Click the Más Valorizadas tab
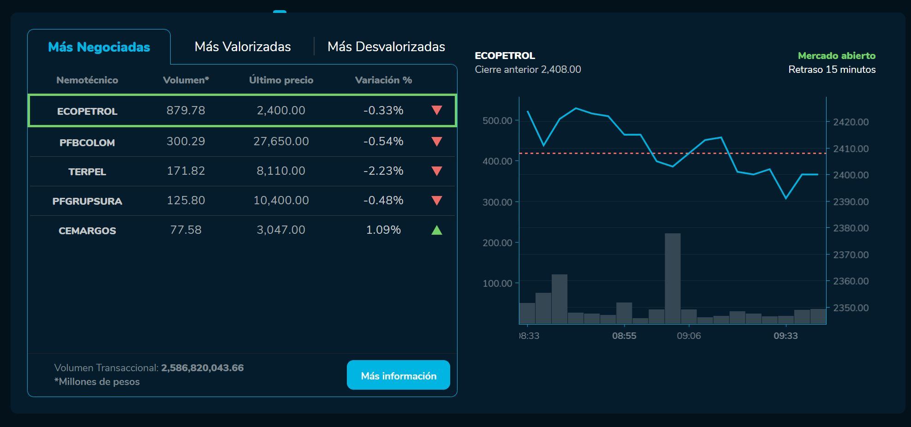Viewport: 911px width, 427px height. pyautogui.click(x=243, y=47)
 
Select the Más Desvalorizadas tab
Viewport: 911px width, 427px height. pyautogui.click(x=386, y=47)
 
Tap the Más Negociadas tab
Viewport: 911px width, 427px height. pyautogui.click(x=99, y=47)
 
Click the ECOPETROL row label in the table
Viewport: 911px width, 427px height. pyautogui.click(x=87, y=111)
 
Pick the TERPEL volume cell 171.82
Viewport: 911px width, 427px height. pyautogui.click(x=186, y=171)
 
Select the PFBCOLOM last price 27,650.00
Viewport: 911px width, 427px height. pyautogui.click(x=281, y=142)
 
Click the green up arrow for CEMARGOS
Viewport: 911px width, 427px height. pyautogui.click(x=436, y=230)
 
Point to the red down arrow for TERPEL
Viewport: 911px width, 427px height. pyautogui.click(x=436, y=171)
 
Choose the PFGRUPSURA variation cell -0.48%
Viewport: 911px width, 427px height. pyautogui.click(x=383, y=201)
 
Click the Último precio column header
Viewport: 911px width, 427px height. pyautogui.click(x=281, y=80)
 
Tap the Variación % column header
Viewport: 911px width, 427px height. pyautogui.click(x=383, y=80)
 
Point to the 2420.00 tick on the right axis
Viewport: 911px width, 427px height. pyautogui.click(x=851, y=122)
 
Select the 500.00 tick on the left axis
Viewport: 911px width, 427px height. pyautogui.click(x=497, y=121)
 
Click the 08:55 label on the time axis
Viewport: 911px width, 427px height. pyautogui.click(x=624, y=336)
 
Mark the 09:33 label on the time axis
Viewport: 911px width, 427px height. pyautogui.click(x=786, y=336)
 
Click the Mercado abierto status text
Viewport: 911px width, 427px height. pyautogui.click(x=836, y=56)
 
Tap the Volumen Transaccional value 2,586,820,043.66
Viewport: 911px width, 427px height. pyautogui.click(x=202, y=368)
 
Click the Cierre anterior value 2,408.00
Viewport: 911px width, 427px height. pyautogui.click(x=561, y=70)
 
